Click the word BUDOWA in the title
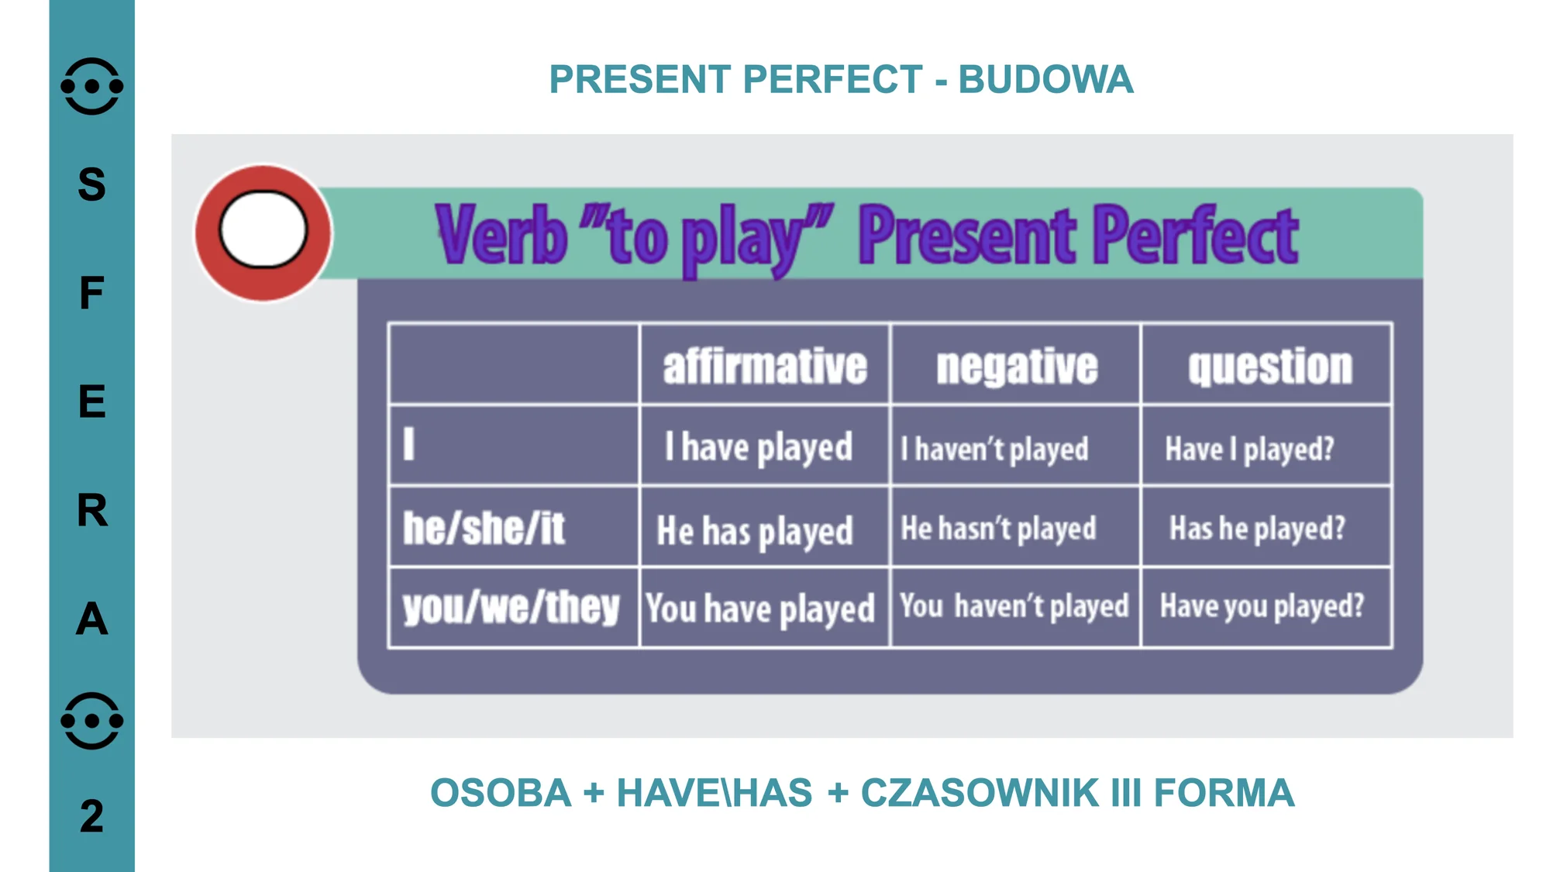[1045, 79]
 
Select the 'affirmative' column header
[765, 366]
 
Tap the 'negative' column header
[1017, 367]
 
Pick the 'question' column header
[1270, 367]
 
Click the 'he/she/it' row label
[484, 529]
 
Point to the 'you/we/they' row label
[511, 607]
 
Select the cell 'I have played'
[759, 448]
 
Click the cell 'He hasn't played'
[998, 529]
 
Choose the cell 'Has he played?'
[1257, 529]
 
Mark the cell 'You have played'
[760, 608]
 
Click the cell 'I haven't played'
[994, 450]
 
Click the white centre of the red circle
[263, 229]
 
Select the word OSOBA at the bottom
[501, 793]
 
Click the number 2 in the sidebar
[91, 816]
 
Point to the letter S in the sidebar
[91, 184]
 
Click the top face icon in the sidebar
[91, 86]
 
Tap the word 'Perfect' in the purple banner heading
[1195, 234]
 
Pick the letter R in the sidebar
[92, 510]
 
